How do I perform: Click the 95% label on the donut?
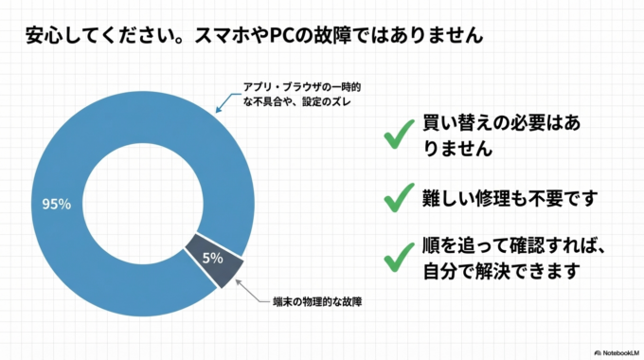[58, 204]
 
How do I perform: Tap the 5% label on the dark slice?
[212, 256]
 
